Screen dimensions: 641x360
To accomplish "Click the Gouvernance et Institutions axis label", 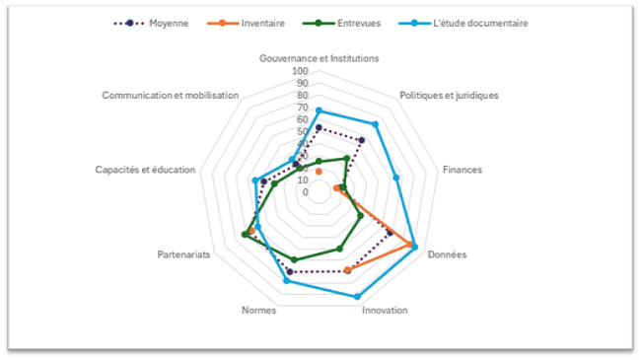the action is [x=319, y=58].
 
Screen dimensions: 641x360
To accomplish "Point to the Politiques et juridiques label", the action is [x=449, y=96].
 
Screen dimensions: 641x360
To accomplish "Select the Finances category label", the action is [x=462, y=170].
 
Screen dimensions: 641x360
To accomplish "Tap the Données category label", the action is [x=447, y=253].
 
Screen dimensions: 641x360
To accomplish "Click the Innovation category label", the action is [x=385, y=310].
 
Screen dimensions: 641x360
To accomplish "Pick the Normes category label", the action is [x=258, y=310].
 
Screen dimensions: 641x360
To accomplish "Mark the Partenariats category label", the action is [x=183, y=254].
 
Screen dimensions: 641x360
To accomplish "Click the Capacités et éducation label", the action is [x=145, y=170].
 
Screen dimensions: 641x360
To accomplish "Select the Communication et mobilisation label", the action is [x=171, y=96].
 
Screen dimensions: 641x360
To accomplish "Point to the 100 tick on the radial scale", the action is [x=300, y=72].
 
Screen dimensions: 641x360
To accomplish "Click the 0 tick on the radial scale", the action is [x=305, y=192].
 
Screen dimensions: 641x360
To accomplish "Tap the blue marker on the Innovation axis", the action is [x=357, y=296].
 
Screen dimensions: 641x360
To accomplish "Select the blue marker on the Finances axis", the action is [x=395, y=178].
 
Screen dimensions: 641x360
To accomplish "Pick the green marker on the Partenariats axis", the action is [x=245, y=234].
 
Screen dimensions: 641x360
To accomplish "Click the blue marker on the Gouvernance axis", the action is [x=319, y=109].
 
